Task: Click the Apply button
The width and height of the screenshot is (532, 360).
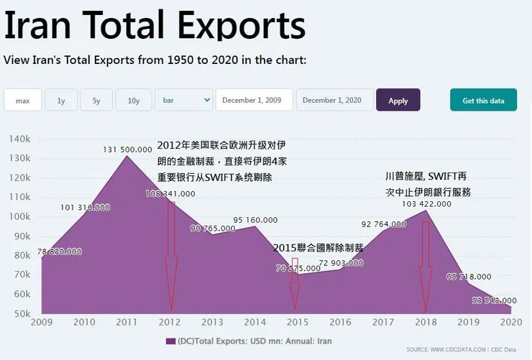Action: pyautogui.click(x=398, y=101)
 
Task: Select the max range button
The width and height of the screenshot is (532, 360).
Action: pyautogui.click(x=23, y=101)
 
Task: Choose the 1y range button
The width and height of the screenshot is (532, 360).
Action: pyautogui.click(x=61, y=101)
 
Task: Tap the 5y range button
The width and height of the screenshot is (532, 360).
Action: pyautogui.click(x=96, y=101)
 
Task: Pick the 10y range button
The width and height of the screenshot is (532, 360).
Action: pyautogui.click(x=134, y=101)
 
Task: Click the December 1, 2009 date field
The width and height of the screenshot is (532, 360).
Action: pyautogui.click(x=254, y=101)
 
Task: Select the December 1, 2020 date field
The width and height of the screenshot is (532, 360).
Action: pyautogui.click(x=334, y=101)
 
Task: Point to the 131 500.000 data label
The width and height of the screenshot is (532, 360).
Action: pyautogui.click(x=128, y=149)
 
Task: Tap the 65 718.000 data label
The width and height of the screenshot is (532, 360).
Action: pyautogui.click(x=469, y=276)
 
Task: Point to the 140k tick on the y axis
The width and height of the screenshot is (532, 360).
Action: pyautogui.click(x=19, y=138)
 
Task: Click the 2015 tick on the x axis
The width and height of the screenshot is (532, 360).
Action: pyautogui.click(x=295, y=322)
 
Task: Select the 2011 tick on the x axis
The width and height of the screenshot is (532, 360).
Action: pyautogui.click(x=127, y=322)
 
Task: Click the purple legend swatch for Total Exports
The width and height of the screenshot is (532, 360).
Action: pyautogui.click(x=170, y=341)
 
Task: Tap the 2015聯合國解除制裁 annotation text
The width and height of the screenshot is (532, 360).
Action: pyautogui.click(x=318, y=247)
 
